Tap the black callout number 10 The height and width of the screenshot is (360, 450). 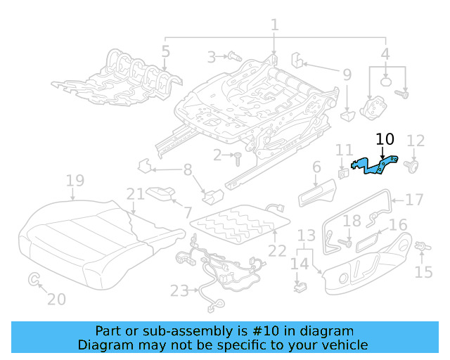(x=385, y=139)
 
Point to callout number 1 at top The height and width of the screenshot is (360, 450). (x=274, y=25)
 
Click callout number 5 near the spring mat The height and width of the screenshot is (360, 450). (x=165, y=51)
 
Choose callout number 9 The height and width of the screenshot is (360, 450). (x=347, y=73)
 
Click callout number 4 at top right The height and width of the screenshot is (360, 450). (x=385, y=52)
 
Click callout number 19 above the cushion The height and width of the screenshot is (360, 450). (x=75, y=183)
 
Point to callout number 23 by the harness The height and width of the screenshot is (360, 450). (x=179, y=290)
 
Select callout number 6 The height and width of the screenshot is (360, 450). (x=316, y=167)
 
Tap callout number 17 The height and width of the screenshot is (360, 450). (x=415, y=200)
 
